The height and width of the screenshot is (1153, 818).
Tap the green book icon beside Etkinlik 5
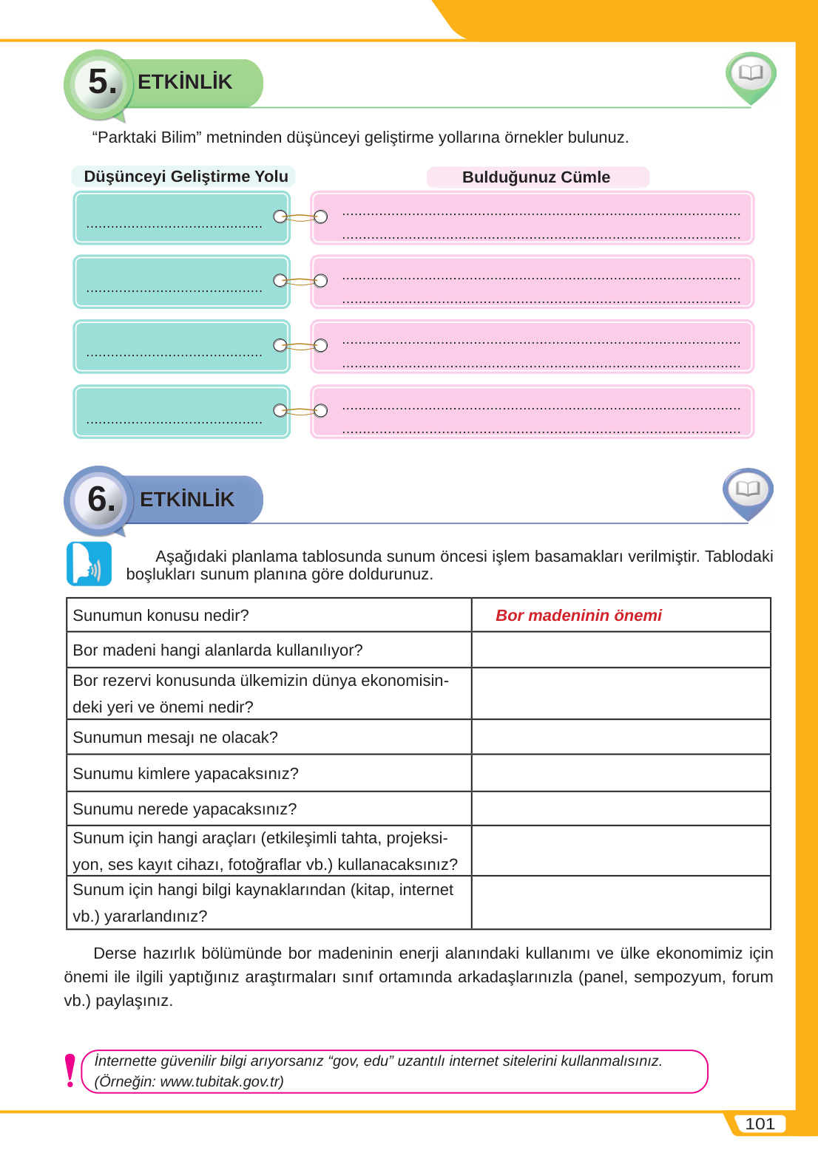coord(751,74)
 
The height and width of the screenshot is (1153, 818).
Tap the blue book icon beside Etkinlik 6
coord(748,490)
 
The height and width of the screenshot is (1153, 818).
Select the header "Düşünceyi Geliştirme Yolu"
coord(186,177)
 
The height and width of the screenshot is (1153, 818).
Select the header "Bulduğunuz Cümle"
coord(536,177)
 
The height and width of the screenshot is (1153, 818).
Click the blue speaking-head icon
coord(89,564)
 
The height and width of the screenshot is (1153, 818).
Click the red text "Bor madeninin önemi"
coord(578,616)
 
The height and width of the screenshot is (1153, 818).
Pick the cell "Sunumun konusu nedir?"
coord(161,616)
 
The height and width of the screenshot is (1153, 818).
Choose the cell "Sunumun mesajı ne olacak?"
coord(175,738)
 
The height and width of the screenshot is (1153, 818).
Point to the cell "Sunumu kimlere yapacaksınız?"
coord(186,774)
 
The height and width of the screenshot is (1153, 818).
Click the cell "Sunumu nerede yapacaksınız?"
coord(185,809)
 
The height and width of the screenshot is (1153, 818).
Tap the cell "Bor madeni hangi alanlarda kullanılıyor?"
coord(217,650)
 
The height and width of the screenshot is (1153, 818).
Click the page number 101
coord(760,1124)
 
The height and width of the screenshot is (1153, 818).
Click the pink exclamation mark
coord(70,1071)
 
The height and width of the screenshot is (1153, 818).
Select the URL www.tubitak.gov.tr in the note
coord(220,1082)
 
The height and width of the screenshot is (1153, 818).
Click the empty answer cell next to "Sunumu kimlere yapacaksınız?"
coord(621,773)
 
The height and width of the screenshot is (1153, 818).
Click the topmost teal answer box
coord(182,217)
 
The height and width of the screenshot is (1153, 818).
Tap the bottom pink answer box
coord(532,412)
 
